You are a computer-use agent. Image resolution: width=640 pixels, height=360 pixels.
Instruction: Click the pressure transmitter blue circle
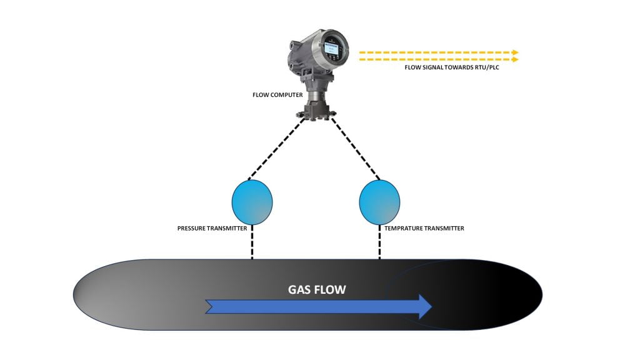[252, 201]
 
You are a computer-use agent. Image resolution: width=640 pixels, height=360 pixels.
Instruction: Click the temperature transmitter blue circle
[379, 201]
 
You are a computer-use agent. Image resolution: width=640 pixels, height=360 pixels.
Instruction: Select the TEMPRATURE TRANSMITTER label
[424, 229]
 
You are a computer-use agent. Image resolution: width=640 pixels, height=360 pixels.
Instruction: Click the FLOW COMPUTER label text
[277, 95]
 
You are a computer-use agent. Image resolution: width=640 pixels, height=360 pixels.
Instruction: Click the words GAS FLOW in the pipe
[316, 290]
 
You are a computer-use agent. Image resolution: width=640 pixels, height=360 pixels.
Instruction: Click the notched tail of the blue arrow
[211, 306]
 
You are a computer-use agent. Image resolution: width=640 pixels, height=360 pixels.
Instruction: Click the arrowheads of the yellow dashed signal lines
[515, 56]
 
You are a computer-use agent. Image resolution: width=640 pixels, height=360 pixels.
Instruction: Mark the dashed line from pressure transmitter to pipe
[252, 242]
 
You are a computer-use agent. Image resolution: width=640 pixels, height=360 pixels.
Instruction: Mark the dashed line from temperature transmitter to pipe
[379, 242]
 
